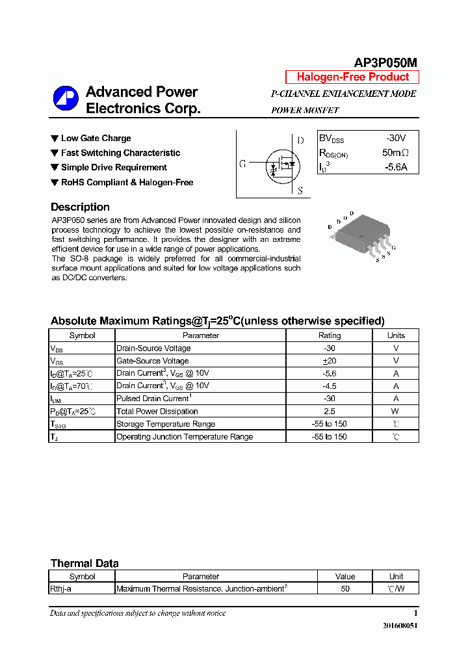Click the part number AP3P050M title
(x=385, y=62)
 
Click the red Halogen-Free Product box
(x=352, y=77)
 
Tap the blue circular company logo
(x=66, y=99)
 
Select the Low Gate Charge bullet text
(x=96, y=138)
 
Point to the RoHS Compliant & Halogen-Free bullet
(x=127, y=183)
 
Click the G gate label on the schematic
(x=242, y=164)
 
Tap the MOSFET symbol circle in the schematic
(x=281, y=164)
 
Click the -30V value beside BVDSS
(x=395, y=138)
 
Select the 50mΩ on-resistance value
(x=395, y=153)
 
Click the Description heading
(x=80, y=207)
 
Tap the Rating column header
(x=329, y=336)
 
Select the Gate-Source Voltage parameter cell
(x=152, y=361)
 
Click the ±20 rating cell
(x=329, y=361)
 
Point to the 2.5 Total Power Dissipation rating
(x=329, y=412)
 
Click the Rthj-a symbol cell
(x=60, y=588)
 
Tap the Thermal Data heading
(x=84, y=564)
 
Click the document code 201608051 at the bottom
(x=400, y=625)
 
